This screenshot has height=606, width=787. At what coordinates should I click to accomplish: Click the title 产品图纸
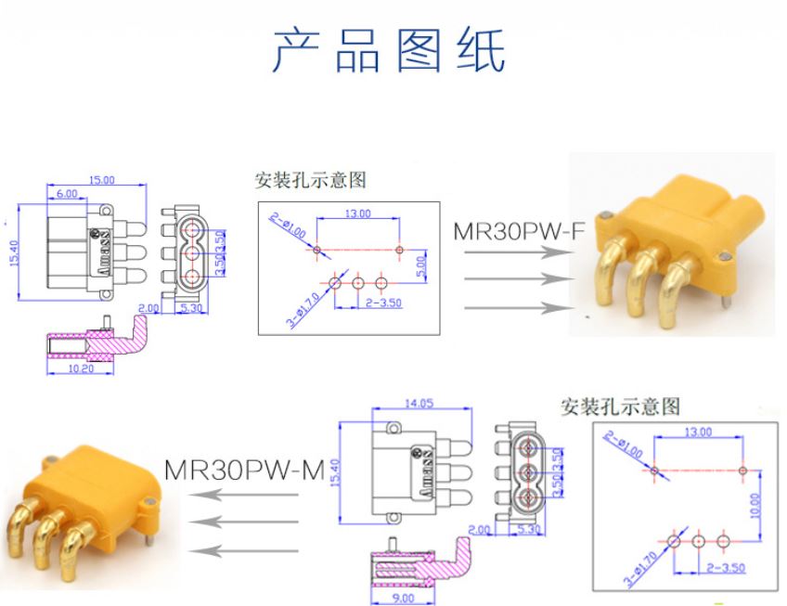(x=389, y=50)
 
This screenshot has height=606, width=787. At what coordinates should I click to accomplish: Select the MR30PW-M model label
(x=244, y=470)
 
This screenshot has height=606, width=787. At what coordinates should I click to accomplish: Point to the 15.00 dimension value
(x=101, y=180)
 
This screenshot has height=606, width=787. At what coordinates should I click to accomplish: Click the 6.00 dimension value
(x=66, y=194)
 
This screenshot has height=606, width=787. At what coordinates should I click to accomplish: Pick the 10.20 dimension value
(x=82, y=367)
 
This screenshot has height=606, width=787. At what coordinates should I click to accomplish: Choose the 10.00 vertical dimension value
(x=754, y=504)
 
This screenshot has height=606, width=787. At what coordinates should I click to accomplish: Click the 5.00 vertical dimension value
(x=419, y=267)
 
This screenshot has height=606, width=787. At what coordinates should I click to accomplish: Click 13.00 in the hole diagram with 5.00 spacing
(x=357, y=213)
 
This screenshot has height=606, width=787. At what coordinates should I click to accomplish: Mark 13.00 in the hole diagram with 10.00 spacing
(x=697, y=432)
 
